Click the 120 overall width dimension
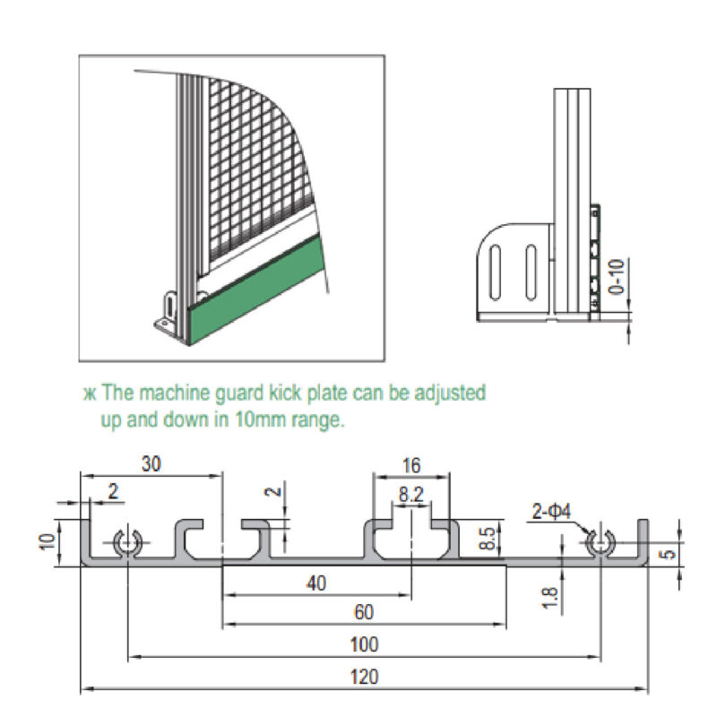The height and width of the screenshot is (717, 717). pos(365,678)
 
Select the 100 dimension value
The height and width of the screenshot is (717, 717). pos(365,644)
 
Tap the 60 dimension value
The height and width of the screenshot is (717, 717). pos(362,612)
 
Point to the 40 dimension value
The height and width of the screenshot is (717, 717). pos(315,583)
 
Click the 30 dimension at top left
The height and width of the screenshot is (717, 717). pos(152,463)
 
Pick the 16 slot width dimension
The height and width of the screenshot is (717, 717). pos(411,465)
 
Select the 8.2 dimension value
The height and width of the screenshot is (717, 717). pos(411,492)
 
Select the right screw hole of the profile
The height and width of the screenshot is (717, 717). pos(598,543)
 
